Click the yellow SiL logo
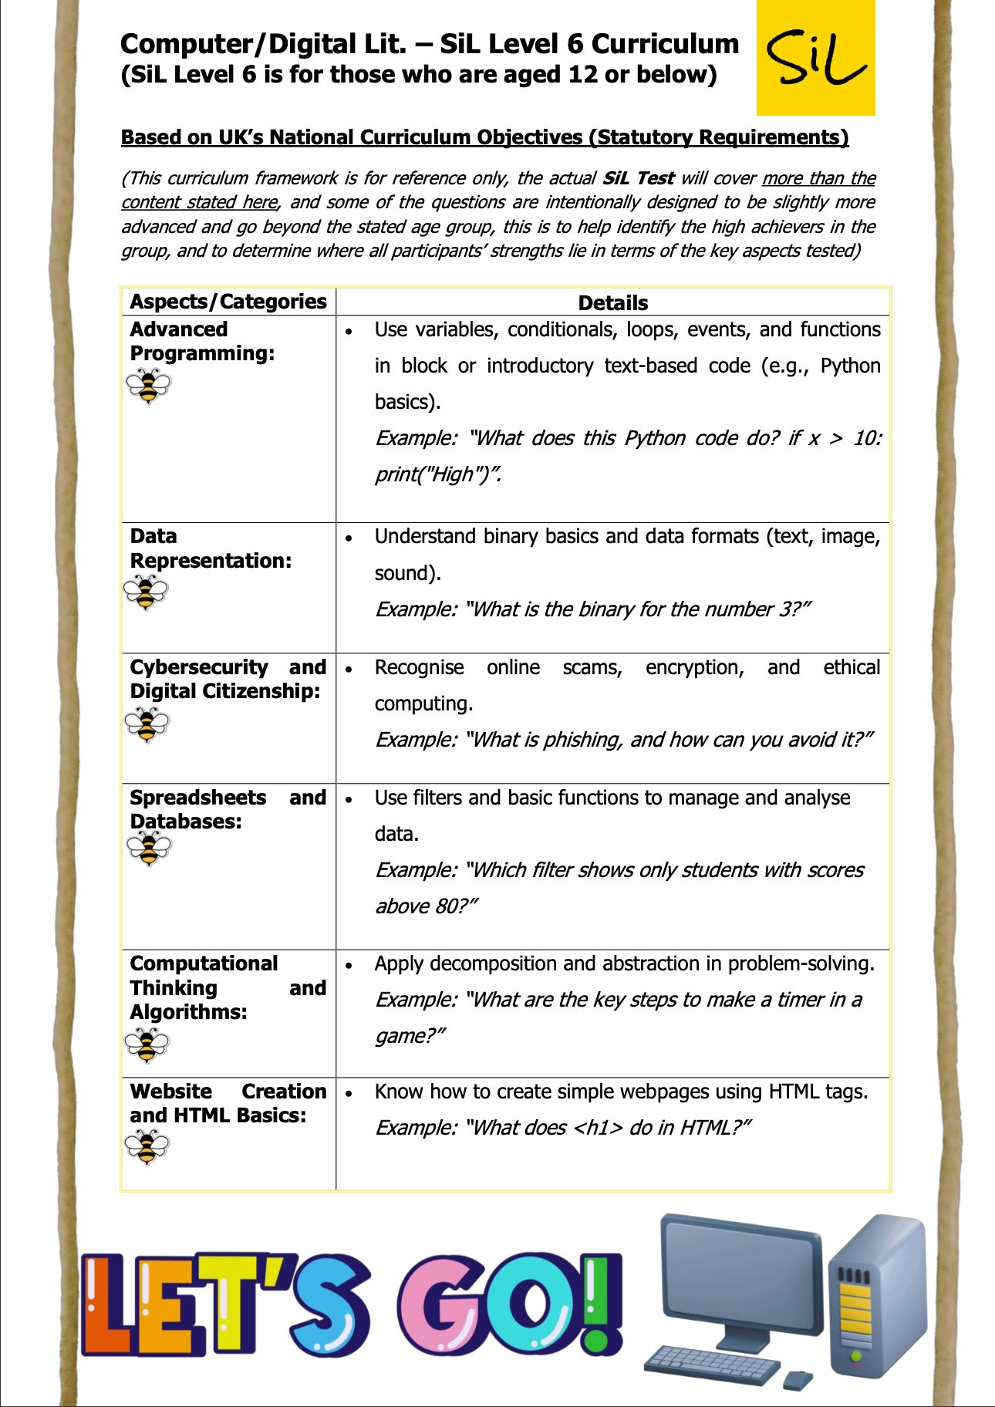[816, 59]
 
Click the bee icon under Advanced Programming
[148, 385]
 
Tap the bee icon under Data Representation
[145, 592]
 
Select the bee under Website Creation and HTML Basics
[147, 1147]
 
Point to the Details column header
[612, 302]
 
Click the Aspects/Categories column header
[228, 302]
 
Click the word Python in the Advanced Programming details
[850, 366]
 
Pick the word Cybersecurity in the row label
[198, 667]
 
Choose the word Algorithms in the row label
[188, 1012]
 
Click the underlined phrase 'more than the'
[818, 178]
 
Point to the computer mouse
[798, 1379]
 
